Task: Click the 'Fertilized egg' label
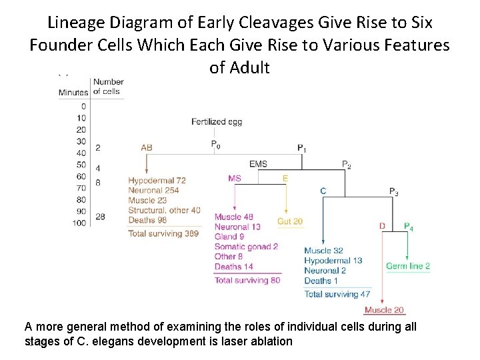pos(217,122)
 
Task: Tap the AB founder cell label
pos(147,147)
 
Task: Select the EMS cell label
pos(258,164)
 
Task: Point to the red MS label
pos(234,178)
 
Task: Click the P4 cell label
pos(408,227)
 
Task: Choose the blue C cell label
pos(323,191)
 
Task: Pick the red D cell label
pos(382,226)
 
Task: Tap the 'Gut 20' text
pos(290,221)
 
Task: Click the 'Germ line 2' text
pos(408,266)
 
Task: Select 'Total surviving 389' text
pos(163,233)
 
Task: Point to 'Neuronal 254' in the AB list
pos(153,191)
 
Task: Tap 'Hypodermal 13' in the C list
pos(333,261)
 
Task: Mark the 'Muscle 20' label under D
pos(385,310)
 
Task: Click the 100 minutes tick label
pos(79,223)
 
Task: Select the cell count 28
pos(99,217)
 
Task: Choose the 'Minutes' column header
pos(73,92)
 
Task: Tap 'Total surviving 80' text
pos(247,280)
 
